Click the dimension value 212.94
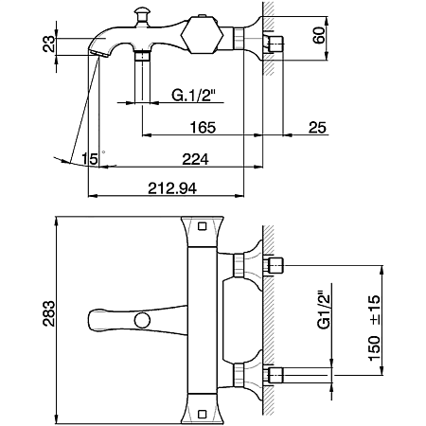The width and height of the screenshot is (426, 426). click(x=172, y=188)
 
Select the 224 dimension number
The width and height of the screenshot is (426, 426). click(x=195, y=159)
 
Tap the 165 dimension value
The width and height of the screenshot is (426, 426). click(x=203, y=128)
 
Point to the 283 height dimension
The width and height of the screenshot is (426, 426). click(x=48, y=313)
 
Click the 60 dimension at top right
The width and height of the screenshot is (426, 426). click(x=318, y=35)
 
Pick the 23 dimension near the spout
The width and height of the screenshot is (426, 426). click(x=48, y=44)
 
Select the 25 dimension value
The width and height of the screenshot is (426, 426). click(x=317, y=128)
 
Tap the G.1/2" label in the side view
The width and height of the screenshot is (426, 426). click(x=193, y=95)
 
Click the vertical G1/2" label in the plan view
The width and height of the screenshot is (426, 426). click(x=324, y=310)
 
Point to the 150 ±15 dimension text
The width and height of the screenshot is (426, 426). click(x=374, y=328)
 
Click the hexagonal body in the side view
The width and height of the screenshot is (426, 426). click(x=203, y=34)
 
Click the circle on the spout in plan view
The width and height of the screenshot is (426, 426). click(x=142, y=320)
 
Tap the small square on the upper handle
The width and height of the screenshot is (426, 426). click(x=202, y=226)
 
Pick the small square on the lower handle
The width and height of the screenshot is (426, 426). click(x=202, y=414)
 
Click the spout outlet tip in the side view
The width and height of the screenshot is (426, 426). click(x=98, y=54)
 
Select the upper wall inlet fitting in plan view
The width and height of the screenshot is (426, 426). click(x=275, y=265)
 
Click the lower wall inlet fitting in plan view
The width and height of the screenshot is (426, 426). click(x=275, y=375)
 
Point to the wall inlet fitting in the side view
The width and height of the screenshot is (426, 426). click(x=275, y=44)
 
